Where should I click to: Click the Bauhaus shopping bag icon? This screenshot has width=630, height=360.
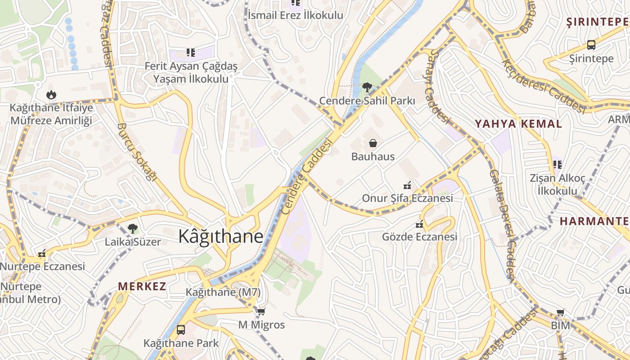pyautogui.click(x=373, y=144)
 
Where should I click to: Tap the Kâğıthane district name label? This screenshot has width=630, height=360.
pyautogui.click(x=220, y=236)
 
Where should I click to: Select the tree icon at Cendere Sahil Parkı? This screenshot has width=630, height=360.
pyautogui.click(x=367, y=87)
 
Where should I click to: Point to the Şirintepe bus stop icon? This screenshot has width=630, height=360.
pyautogui.click(x=591, y=45)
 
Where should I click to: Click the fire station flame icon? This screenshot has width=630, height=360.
pyautogui.click(x=51, y=94)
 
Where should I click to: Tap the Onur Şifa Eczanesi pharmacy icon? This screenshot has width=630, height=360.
pyautogui.click(x=407, y=185)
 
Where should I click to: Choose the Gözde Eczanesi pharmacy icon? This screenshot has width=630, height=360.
pyautogui.click(x=419, y=224)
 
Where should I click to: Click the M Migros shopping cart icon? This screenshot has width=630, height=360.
pyautogui.click(x=261, y=311)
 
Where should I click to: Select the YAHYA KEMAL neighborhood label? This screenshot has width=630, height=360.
pyautogui.click(x=518, y=124)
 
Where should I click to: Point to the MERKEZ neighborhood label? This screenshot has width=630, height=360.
pyautogui.click(x=142, y=286)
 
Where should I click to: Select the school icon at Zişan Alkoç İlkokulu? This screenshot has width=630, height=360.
pyautogui.click(x=558, y=165)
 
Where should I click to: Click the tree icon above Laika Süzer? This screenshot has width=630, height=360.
pyautogui.click(x=132, y=229)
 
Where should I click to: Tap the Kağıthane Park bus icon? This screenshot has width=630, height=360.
pyautogui.click(x=181, y=329)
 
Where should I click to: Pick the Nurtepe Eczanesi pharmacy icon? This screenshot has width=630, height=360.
pyautogui.click(x=42, y=254)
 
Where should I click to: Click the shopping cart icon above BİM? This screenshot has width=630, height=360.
pyautogui.click(x=560, y=312)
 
